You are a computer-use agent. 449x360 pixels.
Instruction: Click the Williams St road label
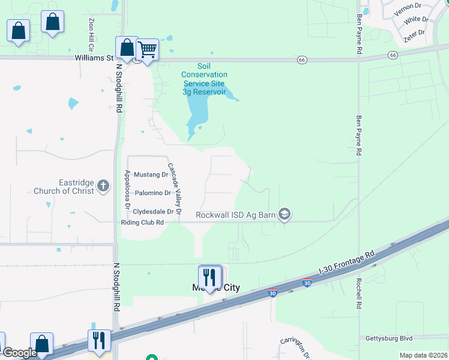point(94,58)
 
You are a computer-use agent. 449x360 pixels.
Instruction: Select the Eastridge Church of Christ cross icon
point(103,185)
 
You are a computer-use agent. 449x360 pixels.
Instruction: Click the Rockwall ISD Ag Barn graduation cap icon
point(285,214)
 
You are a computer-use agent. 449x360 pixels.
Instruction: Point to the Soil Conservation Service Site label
point(204,79)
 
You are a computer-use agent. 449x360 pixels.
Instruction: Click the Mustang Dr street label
point(151,175)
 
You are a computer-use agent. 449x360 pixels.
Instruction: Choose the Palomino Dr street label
point(152,193)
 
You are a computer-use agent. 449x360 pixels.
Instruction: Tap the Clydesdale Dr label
point(153,211)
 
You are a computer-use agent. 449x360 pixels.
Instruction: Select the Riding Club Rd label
point(143,222)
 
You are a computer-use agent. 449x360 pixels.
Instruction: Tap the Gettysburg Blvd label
point(390,338)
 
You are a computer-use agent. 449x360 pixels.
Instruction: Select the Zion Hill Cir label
point(92,34)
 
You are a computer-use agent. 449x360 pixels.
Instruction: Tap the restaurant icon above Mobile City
point(210,277)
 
